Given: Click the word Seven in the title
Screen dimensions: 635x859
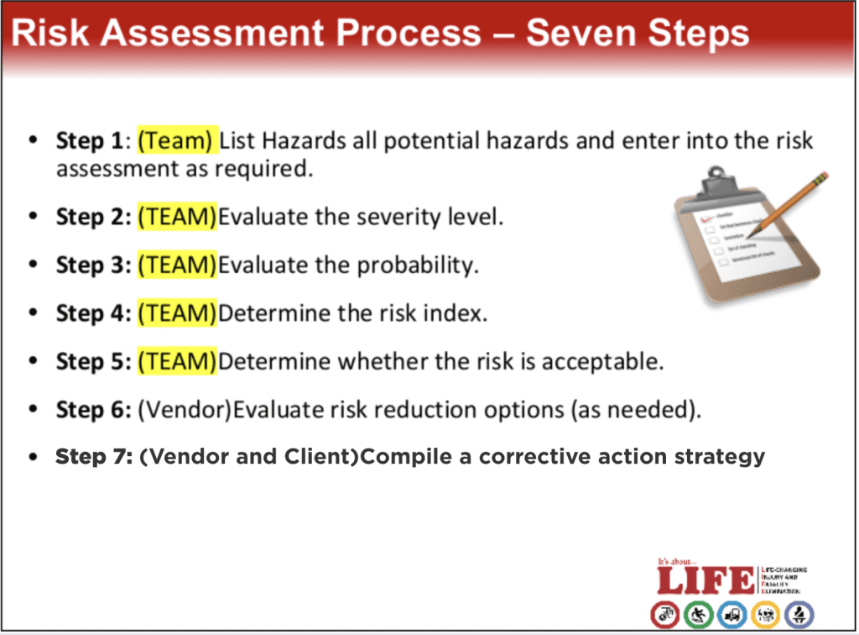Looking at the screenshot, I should pos(581,34).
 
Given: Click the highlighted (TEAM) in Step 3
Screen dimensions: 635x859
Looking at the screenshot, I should pos(176,265).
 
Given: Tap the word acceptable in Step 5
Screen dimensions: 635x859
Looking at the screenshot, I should pos(602,362).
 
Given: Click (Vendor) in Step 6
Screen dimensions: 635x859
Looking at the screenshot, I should pos(184,410).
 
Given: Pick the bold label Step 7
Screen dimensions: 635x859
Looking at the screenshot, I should pos(92,457).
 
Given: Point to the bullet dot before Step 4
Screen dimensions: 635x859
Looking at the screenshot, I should pos(33,313).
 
